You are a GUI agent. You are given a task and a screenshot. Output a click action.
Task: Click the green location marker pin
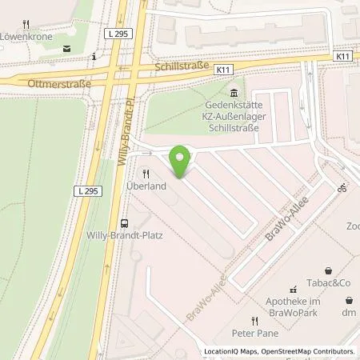pos(182,160)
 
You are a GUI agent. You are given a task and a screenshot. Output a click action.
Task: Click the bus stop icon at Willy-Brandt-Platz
pos(123,224)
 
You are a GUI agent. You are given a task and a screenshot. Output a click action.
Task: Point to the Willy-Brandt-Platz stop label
pos(123,237)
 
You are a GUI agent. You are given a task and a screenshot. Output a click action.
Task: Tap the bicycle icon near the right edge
pos(342,189)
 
